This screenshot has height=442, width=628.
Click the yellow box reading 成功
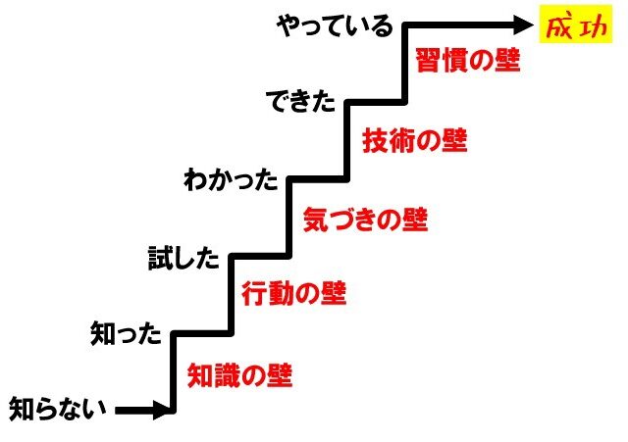[x=576, y=24]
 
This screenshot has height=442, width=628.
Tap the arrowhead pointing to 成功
[x=522, y=25]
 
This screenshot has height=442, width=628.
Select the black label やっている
[x=335, y=26]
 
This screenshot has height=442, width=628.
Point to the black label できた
[x=300, y=101]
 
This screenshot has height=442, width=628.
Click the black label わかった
[x=232, y=179]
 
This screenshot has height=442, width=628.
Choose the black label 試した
[x=184, y=258]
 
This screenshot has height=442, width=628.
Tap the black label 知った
[x=126, y=333]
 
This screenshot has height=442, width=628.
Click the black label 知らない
[x=58, y=409]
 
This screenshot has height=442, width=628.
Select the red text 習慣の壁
[x=468, y=60]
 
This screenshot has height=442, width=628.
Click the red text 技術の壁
[x=414, y=140]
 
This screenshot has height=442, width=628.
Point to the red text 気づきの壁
[x=365, y=220]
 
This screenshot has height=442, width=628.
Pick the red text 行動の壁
[x=294, y=293]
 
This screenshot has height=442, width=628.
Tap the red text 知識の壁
[x=239, y=375]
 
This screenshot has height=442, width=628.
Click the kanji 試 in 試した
[x=160, y=258]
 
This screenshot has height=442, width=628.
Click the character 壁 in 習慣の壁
[x=507, y=60]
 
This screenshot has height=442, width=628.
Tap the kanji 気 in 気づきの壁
[x=316, y=220]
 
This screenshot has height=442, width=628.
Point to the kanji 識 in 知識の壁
[x=227, y=375]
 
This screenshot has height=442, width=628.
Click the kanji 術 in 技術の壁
[x=401, y=140]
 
